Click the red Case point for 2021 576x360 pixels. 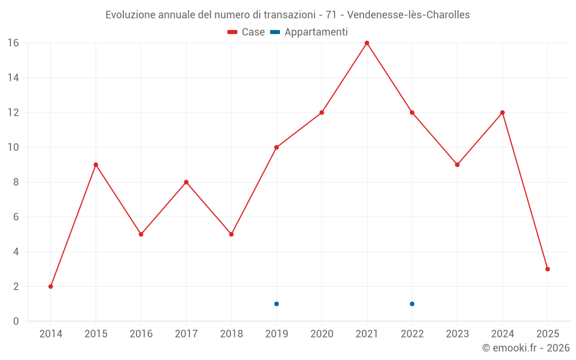coord(367,43)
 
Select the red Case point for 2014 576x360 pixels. coord(51,286)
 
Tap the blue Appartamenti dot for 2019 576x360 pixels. coord(276,304)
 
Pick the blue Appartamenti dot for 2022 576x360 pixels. coord(412,304)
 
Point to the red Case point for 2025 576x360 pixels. coord(548,269)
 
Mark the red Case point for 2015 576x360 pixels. coord(96,165)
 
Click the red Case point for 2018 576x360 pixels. coord(232,234)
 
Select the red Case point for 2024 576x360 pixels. coord(502,112)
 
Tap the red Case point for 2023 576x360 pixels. coord(457,165)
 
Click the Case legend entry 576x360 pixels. coord(247,32)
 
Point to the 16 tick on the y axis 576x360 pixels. coord(13,43)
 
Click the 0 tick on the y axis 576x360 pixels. coord(16,321)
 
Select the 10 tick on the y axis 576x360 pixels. coord(13,147)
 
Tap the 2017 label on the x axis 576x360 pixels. coord(186,334)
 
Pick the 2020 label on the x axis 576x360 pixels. coord(321,334)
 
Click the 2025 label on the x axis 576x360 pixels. coord(548,334)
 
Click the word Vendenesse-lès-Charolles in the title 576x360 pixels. coord(408,15)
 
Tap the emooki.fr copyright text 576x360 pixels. coord(526,348)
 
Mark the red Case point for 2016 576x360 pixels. coord(141,234)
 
